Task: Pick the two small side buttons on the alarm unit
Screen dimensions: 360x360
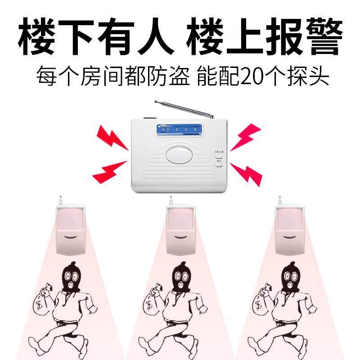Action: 219,160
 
